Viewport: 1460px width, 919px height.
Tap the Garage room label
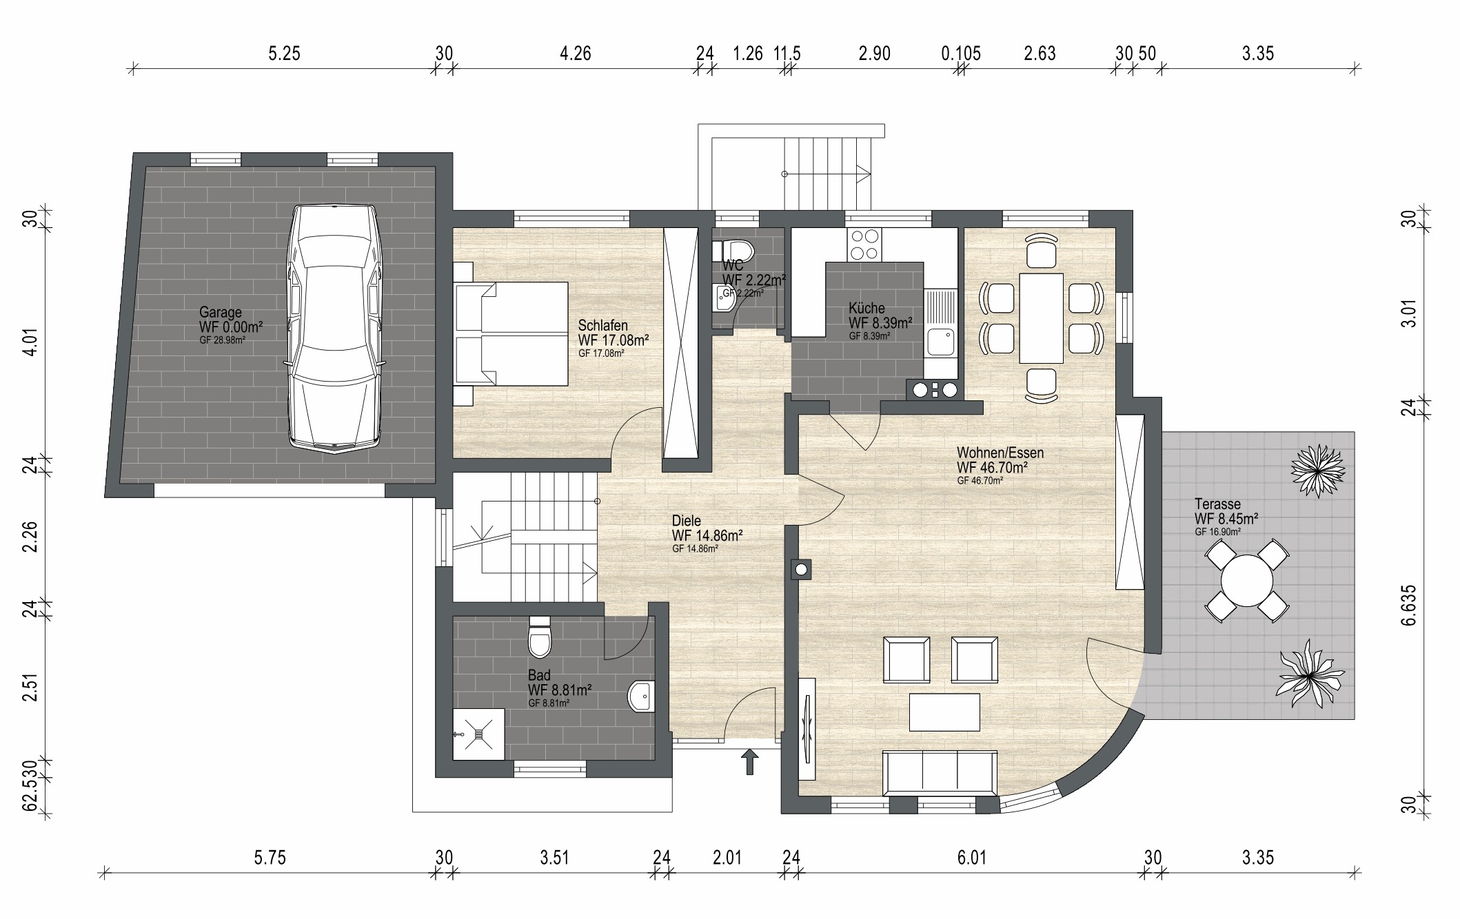click(221, 312)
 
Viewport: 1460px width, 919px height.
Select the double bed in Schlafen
click(510, 333)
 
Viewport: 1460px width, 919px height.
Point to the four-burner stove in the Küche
click(864, 245)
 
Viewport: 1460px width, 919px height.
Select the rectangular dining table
click(1042, 318)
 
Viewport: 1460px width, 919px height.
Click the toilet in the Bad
click(539, 637)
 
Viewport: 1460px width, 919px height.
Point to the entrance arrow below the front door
click(749, 762)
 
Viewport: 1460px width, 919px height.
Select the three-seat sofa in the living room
click(940, 772)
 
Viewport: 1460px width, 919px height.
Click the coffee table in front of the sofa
click(944, 712)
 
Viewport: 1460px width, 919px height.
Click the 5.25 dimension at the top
click(284, 53)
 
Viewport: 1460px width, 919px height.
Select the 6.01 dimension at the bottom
click(972, 858)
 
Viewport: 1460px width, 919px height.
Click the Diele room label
click(687, 522)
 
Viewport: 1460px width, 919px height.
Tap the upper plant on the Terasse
click(1317, 471)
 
